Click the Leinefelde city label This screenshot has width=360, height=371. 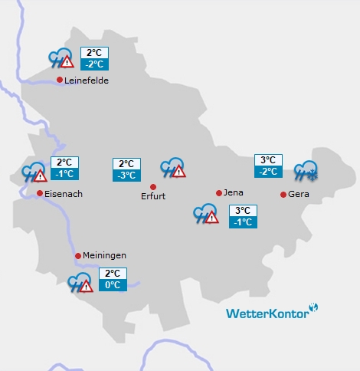coord(87,80)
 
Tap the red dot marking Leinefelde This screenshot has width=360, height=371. coord(60,80)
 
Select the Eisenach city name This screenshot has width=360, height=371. coord(64,194)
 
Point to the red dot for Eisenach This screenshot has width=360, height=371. coord(40,193)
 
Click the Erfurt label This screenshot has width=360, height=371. coord(153,197)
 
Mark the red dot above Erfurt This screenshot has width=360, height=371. coord(153,186)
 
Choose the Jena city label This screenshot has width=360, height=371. coord(234,192)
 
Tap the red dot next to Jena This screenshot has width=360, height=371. coord(219,192)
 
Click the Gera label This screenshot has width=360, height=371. coord(299,194)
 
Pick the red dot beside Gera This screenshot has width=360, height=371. coord(283,194)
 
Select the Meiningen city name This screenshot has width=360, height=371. coord(106,255)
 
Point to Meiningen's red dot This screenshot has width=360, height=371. coord(78,255)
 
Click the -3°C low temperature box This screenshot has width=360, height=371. coord(126,176)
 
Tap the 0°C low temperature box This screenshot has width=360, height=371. coord(112,285)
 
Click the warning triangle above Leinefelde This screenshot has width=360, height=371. coord(67,62)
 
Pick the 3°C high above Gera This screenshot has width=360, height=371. coord(268,160)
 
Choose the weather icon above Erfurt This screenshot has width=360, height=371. coord(173,168)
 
